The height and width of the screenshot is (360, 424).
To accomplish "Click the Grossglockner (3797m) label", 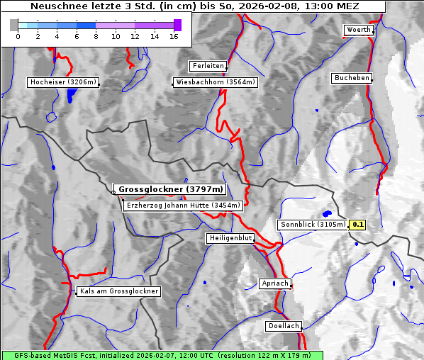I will click(171, 190).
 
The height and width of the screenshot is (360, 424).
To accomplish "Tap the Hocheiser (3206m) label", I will click(63, 82).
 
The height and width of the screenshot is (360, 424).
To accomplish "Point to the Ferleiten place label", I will click(208, 66).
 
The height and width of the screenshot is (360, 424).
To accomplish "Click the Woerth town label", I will click(357, 30).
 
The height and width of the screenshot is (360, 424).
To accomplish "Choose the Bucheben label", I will click(352, 78).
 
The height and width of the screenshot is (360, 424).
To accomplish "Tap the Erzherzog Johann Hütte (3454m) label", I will click(183, 206).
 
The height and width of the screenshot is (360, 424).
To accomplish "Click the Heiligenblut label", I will click(230, 238).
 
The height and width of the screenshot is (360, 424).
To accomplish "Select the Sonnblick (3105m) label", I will click(312, 225).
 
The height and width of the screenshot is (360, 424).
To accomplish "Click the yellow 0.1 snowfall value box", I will click(358, 225).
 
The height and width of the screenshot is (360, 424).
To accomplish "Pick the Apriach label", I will click(275, 283).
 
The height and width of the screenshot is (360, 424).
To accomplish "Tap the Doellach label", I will click(284, 327).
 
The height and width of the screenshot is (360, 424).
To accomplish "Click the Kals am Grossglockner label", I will click(119, 291).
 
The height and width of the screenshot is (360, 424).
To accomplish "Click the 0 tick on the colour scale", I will click(18, 35).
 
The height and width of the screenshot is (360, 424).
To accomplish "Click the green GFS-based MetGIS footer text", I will click(162, 355).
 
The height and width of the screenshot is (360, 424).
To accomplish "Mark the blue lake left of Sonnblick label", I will click(327, 213).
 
